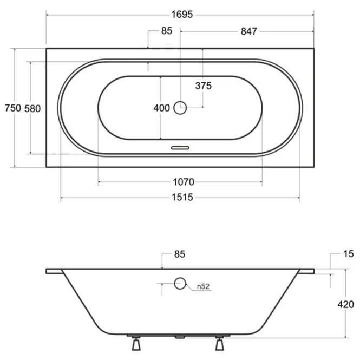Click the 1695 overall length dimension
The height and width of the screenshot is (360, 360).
click(182, 15)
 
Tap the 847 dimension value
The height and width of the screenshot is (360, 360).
click(249, 31)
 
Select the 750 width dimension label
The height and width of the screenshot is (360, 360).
click(13, 108)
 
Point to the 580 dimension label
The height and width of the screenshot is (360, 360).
click(32, 108)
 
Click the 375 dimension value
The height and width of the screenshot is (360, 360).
click(204, 86)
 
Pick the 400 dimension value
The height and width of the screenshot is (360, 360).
click(162, 108)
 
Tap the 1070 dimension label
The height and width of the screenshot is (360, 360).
click(184, 182)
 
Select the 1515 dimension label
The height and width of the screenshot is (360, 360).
click(182, 197)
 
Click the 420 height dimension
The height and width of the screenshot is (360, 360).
click(345, 304)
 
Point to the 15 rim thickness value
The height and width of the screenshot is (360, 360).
click(349, 254)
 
